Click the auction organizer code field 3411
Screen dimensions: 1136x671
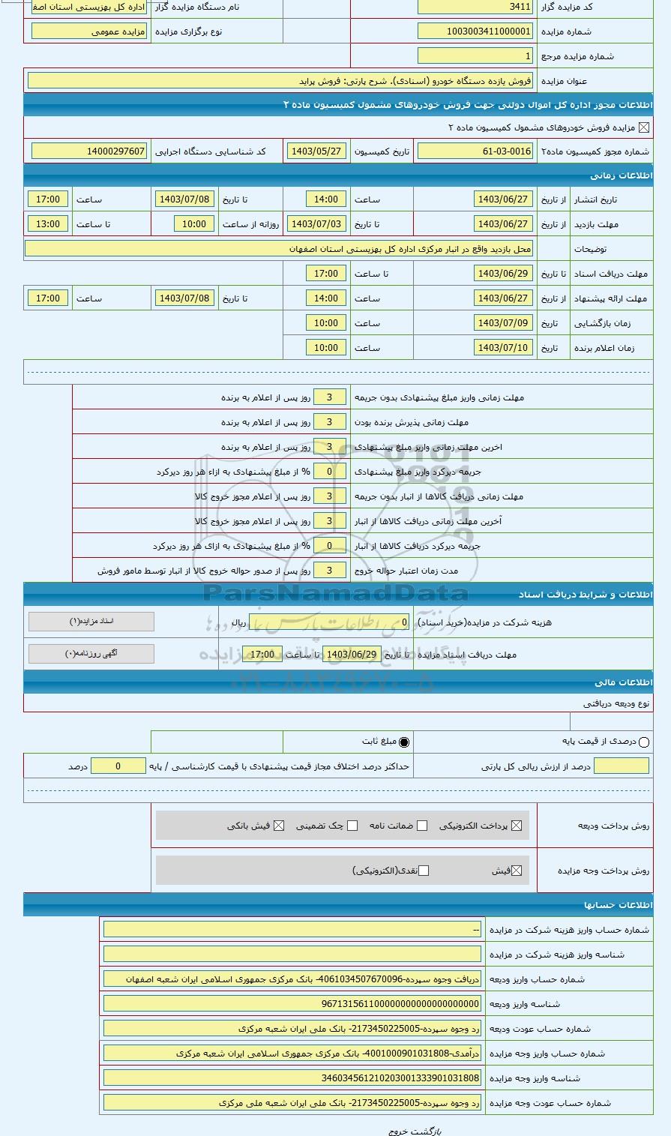(475, 7)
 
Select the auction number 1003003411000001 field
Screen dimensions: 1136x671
(475, 31)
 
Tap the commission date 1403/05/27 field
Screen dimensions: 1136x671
(316, 151)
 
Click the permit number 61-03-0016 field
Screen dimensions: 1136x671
(475, 151)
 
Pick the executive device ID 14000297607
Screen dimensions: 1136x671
(89, 151)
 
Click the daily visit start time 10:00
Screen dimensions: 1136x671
(194, 224)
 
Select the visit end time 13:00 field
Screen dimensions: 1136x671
(48, 224)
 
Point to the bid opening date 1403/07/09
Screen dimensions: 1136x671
(503, 323)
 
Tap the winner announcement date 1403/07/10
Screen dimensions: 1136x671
(503, 348)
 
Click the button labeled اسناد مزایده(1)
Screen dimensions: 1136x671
(91, 622)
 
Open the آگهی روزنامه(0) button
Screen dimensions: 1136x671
(91, 654)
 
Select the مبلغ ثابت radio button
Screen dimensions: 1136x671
(405, 742)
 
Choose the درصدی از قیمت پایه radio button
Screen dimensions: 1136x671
(645, 742)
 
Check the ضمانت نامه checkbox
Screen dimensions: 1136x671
(422, 826)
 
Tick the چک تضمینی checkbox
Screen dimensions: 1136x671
(352, 826)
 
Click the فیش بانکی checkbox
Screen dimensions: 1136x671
(279, 826)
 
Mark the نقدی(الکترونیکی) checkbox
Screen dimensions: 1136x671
(424, 871)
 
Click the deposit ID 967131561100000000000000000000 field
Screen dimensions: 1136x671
(292, 1004)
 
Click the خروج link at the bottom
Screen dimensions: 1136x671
(397, 1130)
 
